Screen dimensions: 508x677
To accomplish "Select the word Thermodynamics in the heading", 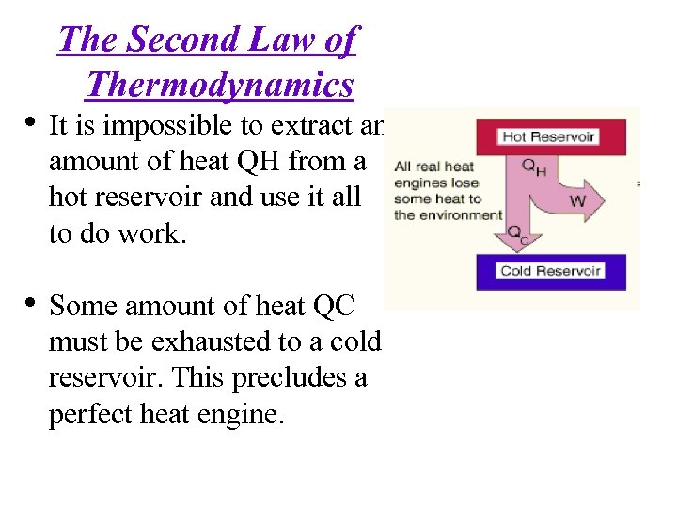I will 219,85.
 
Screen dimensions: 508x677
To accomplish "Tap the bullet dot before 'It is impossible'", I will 31,123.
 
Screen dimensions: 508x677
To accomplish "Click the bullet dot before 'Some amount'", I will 31,303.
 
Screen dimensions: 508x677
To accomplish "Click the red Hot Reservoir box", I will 548,136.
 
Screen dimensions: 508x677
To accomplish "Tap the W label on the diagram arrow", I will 577,202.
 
